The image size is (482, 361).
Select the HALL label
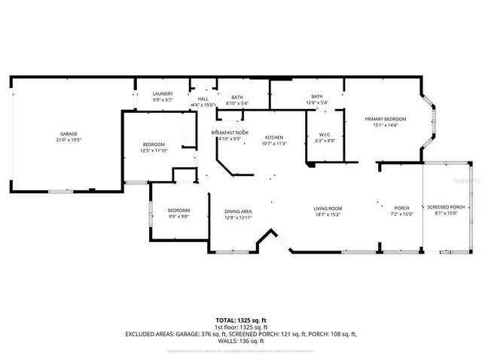pyautogui.click(x=203, y=98)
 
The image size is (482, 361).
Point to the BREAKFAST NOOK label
pyautogui.click(x=229, y=132)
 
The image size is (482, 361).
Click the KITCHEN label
pyautogui.click(x=273, y=138)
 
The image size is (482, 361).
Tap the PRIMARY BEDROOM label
pyautogui.click(x=385, y=119)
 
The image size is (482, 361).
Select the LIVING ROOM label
pyautogui.click(x=328, y=208)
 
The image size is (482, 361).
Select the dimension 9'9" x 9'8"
pyautogui.click(x=178, y=217)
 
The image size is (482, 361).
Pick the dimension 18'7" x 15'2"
pyautogui.click(x=328, y=214)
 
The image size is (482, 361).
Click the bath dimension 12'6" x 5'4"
pyautogui.click(x=317, y=103)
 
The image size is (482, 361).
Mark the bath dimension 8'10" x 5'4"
pyautogui.click(x=236, y=103)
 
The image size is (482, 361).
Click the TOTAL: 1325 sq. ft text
pyautogui.click(x=241, y=320)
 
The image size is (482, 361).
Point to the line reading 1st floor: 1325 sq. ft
pyautogui.click(x=241, y=327)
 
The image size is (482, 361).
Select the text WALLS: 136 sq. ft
pyautogui.click(x=241, y=341)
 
